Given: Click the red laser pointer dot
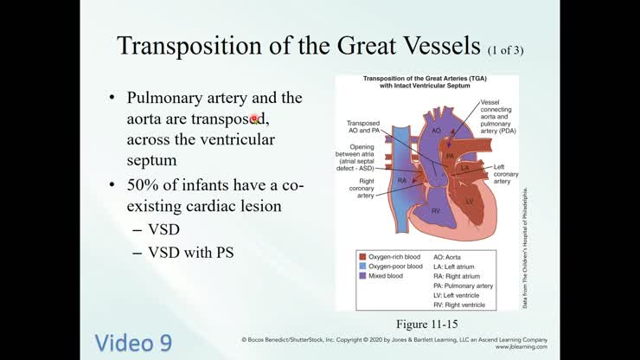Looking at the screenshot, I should click(256, 119).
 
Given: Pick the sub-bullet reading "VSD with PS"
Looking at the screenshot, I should click(190, 253).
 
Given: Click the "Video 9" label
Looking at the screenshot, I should click(132, 342).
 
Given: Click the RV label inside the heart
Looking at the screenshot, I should click(414, 210).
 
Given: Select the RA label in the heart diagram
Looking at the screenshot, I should click(402, 180).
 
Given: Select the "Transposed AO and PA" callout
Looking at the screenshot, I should click(364, 128).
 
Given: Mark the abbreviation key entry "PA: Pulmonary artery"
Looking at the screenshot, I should click(463, 285).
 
